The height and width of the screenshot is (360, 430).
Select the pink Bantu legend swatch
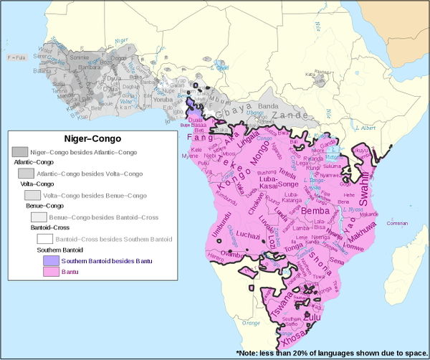point(50,273)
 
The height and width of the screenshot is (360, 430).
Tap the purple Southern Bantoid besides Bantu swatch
point(50,262)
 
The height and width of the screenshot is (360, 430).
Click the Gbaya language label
point(228,115)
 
